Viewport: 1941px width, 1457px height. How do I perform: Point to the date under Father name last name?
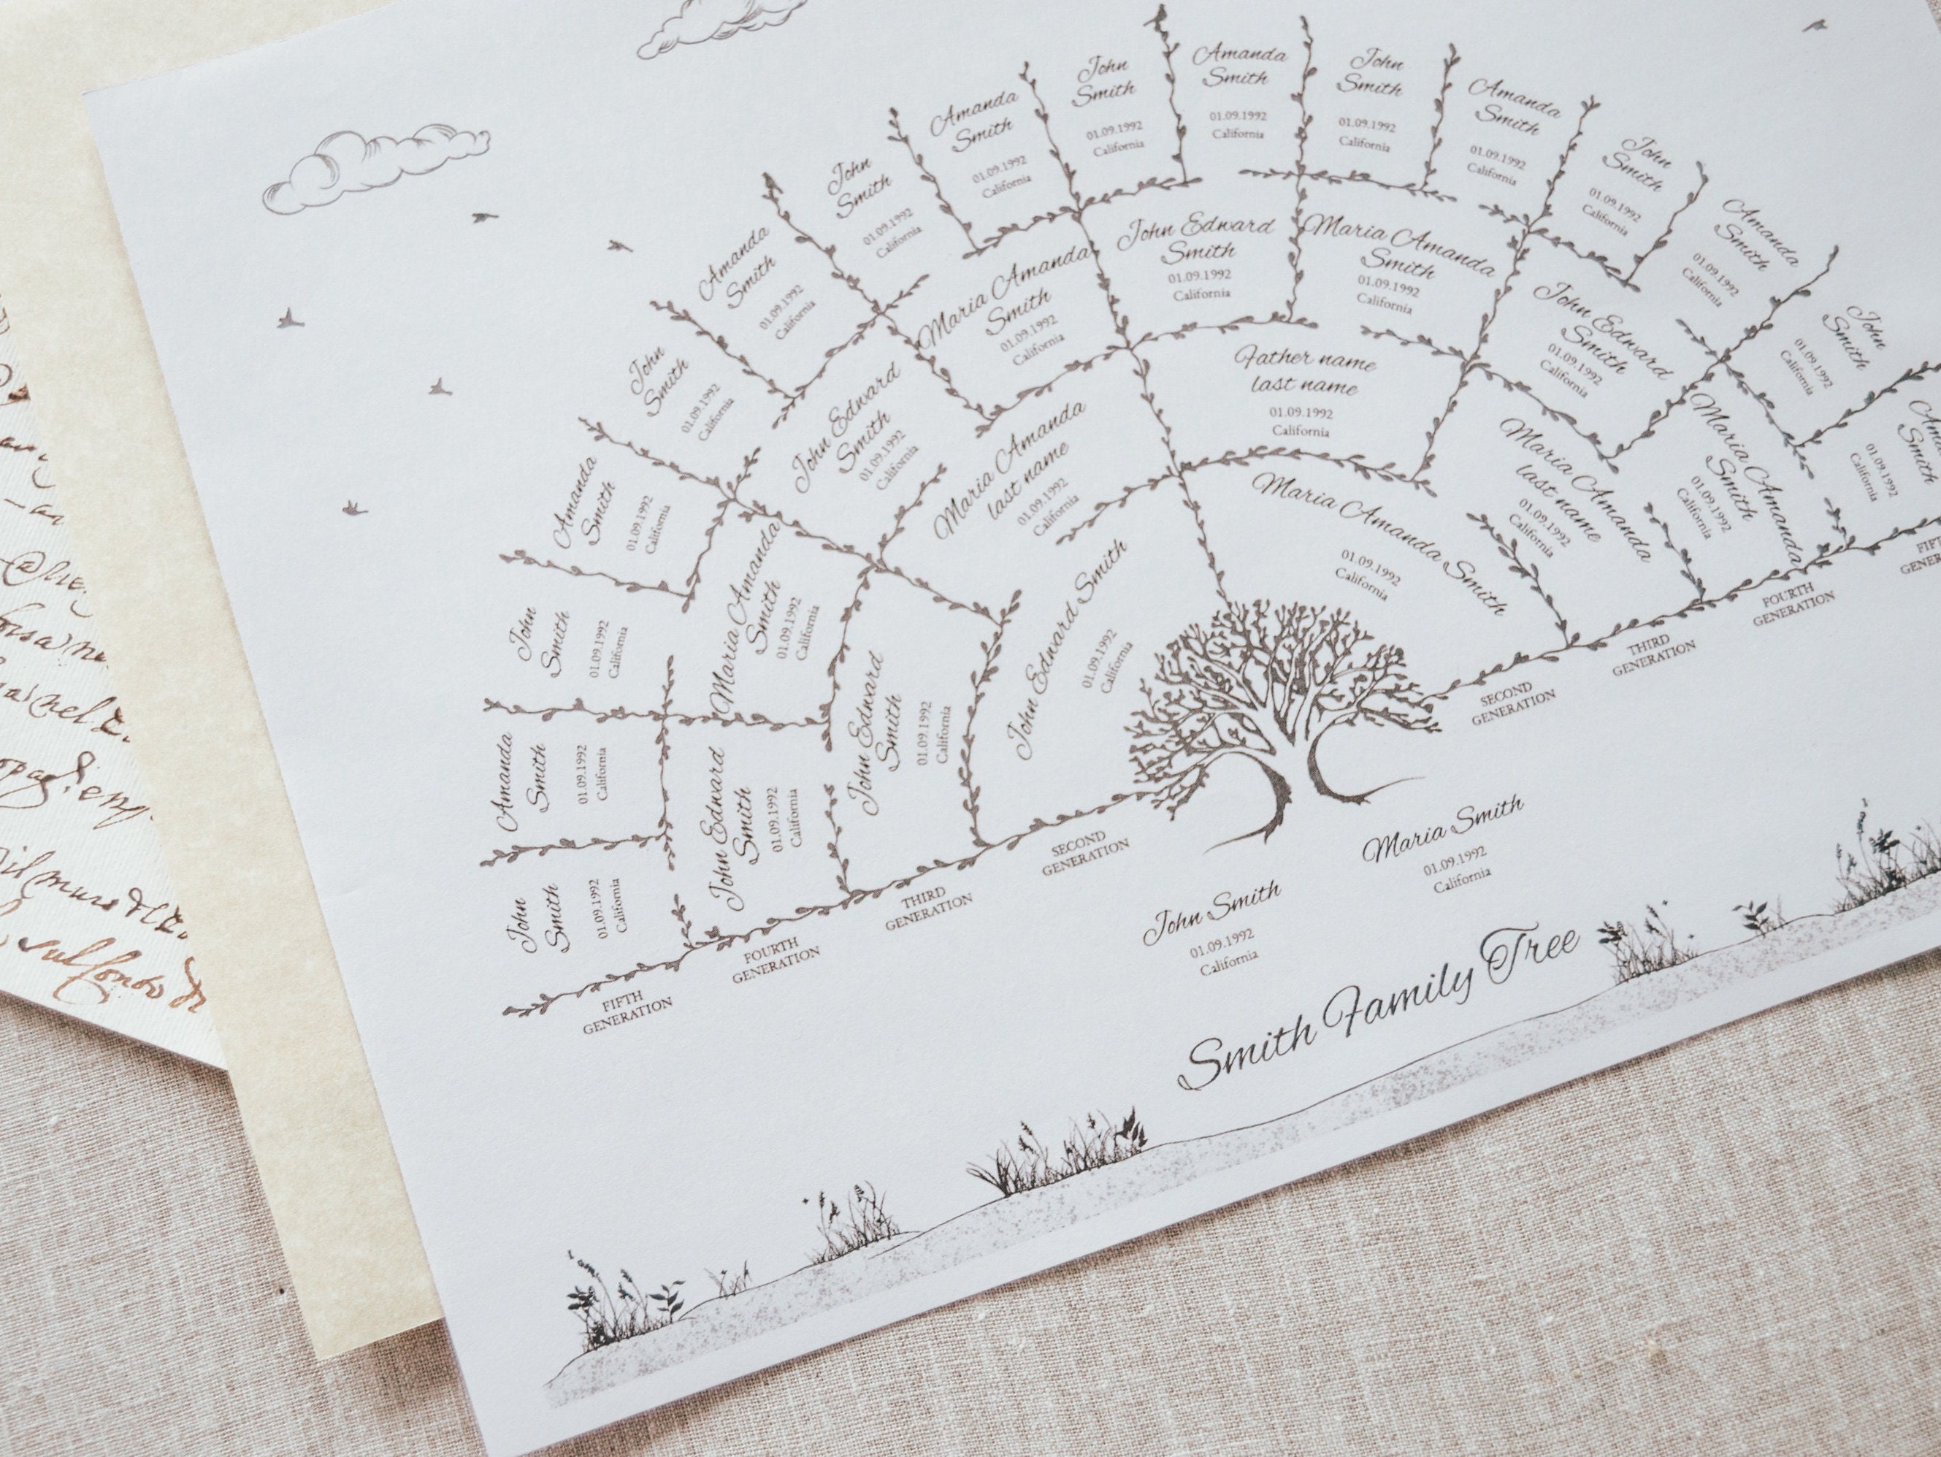click(x=1301, y=413)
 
